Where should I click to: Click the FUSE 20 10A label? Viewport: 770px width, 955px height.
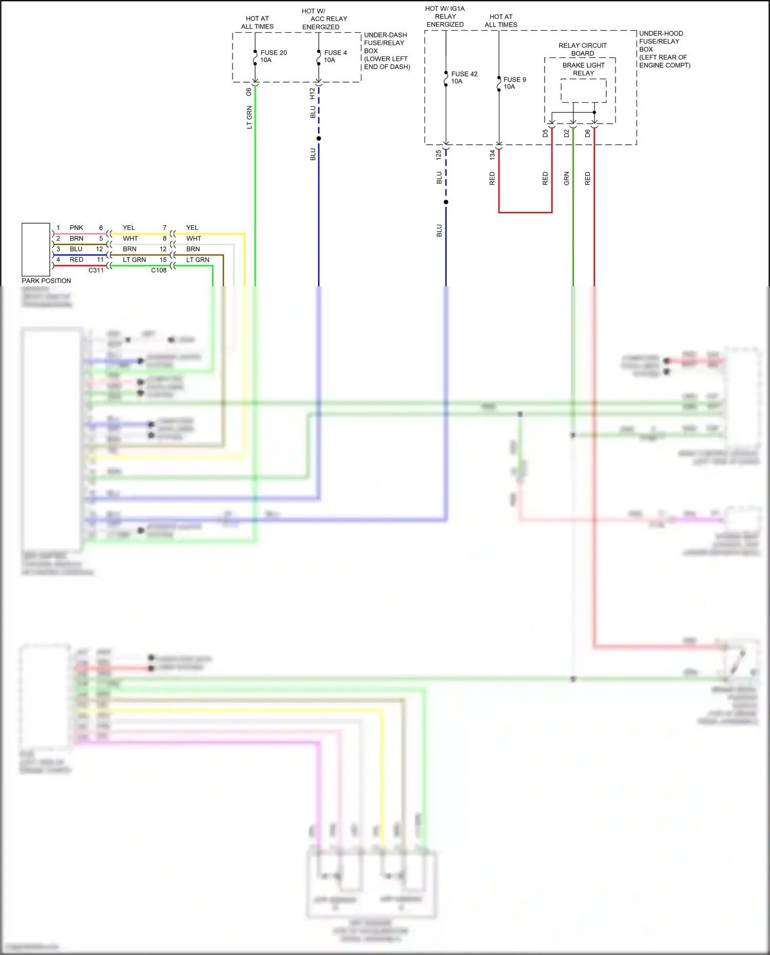coord(273,56)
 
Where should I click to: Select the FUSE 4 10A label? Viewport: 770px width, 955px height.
coord(335,56)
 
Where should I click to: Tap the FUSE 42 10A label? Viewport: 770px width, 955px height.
coord(464,77)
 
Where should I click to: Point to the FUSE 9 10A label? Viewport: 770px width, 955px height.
coord(514,83)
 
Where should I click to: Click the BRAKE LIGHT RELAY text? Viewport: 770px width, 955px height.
coord(583,69)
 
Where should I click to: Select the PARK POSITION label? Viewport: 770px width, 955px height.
coord(46,281)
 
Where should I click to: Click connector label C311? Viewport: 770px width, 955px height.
coord(96,270)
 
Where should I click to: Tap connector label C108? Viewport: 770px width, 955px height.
coord(159,270)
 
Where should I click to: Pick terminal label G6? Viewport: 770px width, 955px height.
coord(249,92)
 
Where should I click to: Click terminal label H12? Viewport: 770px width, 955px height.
coord(312,93)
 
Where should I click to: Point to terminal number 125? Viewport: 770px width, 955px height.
coord(438,154)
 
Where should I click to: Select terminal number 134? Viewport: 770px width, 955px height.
coord(492,154)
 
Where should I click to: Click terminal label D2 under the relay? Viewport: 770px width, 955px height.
coord(567,133)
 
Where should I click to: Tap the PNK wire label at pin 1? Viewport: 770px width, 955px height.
coord(76,228)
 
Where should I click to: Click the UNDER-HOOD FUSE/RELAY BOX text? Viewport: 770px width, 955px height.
coord(664,49)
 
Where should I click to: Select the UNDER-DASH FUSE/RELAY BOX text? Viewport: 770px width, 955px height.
coord(387,51)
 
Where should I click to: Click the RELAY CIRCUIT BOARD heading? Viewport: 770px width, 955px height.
coord(583,49)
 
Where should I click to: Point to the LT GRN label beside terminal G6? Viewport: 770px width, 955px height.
coord(249,117)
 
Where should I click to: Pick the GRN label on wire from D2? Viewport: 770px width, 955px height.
coord(567,178)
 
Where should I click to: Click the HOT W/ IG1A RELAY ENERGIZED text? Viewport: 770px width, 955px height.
coord(445,16)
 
